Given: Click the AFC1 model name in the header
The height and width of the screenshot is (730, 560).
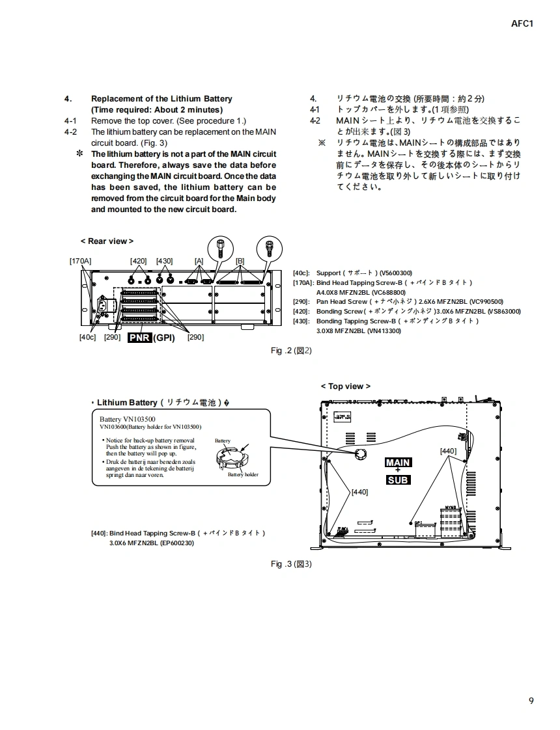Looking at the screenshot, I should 522,24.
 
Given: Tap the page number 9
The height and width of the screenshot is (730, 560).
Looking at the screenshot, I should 531,701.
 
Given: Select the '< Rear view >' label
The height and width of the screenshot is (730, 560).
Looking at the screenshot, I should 107,241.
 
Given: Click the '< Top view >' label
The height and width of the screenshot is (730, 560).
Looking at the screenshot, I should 345,386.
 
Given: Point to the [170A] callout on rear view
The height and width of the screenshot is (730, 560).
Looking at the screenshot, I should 80,261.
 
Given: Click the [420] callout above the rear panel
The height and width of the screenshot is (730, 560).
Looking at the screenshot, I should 138,261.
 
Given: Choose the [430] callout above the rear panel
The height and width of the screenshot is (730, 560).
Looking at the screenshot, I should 164,261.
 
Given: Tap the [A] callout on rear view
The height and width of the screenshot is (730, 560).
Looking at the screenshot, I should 199,261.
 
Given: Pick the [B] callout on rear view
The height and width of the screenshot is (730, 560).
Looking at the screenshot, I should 240,261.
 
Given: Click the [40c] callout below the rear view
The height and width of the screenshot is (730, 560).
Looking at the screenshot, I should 87,337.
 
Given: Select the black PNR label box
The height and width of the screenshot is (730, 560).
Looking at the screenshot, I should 139,338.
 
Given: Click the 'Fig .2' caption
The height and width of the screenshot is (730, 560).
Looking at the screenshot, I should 291,351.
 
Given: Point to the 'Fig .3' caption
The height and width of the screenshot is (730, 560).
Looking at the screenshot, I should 291,564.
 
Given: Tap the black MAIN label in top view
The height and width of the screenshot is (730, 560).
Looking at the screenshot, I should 397,463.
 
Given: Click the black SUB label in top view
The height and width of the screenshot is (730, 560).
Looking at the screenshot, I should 397,480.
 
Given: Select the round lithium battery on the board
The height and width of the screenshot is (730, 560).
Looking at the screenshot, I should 360,455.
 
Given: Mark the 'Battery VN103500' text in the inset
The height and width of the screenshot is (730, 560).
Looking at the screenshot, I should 127,419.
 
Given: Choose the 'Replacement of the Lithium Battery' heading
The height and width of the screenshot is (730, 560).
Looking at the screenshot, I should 161,99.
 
